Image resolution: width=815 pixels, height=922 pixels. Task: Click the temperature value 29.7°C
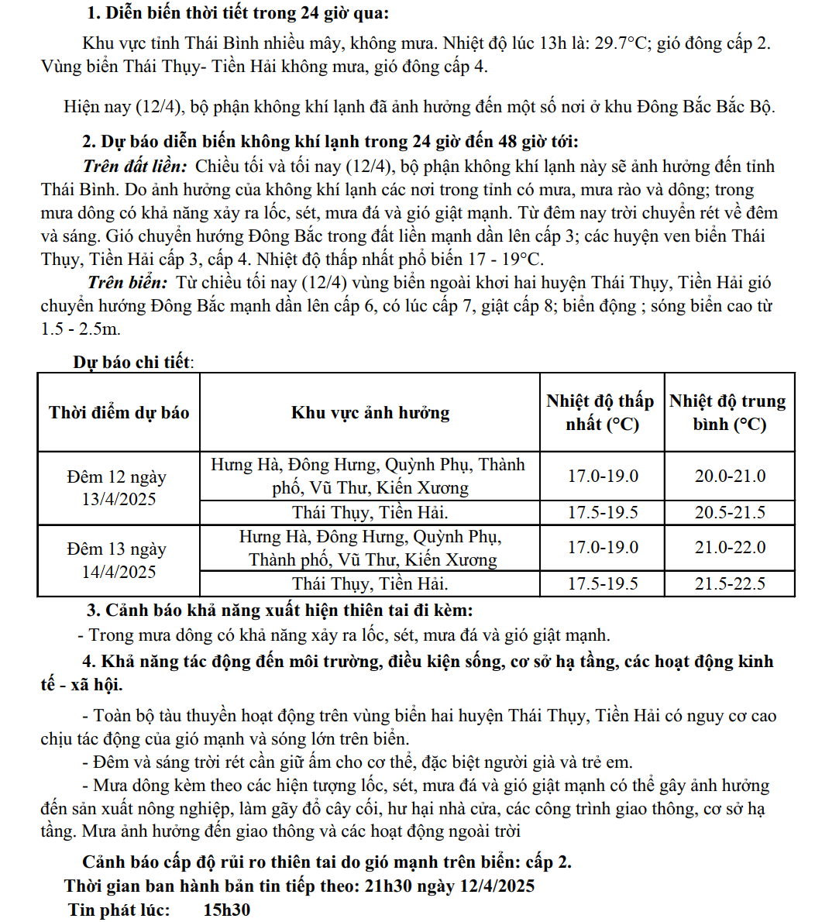[621, 43]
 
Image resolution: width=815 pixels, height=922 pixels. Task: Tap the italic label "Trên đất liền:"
[135, 167]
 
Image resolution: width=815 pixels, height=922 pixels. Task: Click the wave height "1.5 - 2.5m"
[81, 329]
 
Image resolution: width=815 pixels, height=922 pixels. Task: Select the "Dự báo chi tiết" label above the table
[131, 362]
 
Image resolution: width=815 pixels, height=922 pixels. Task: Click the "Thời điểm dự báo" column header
[119, 412]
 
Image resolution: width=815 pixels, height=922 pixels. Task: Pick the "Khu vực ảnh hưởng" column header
[370, 412]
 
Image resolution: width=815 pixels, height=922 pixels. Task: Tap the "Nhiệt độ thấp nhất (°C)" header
[601, 412]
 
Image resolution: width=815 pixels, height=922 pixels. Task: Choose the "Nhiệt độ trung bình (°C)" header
[728, 412]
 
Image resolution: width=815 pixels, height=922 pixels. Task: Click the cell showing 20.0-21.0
[729, 476]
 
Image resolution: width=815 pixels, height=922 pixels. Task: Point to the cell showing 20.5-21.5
[729, 512]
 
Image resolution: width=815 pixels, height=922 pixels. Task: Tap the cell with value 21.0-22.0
[729, 548]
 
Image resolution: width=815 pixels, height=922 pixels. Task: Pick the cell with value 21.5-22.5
[729, 583]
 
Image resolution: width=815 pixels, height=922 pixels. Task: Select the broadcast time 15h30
[227, 910]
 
